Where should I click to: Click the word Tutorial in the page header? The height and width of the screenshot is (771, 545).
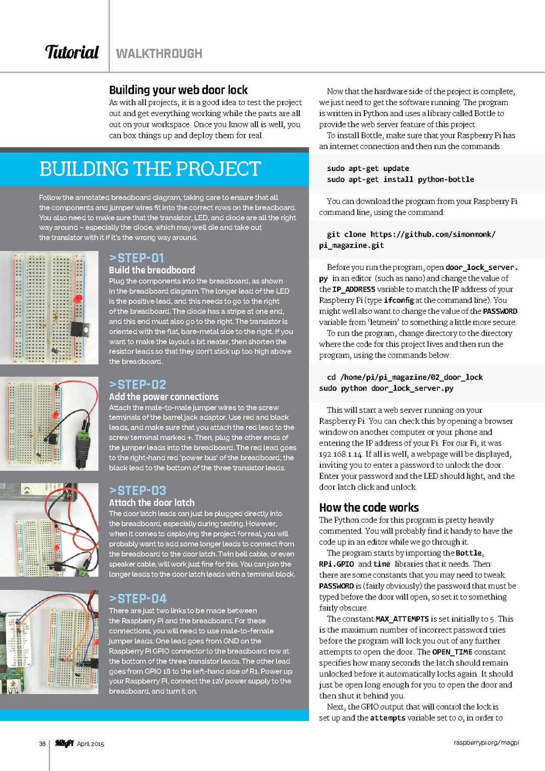[72, 52]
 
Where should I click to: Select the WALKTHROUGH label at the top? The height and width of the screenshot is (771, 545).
[159, 53]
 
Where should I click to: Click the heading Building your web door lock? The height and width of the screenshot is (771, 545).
[178, 90]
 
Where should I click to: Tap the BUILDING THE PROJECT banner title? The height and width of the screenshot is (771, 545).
[150, 169]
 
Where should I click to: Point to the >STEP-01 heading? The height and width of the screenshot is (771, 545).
[136, 258]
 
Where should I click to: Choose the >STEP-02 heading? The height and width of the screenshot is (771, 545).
[137, 384]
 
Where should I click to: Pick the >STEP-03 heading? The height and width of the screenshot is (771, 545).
[137, 490]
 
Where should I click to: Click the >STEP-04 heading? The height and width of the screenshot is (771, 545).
[138, 598]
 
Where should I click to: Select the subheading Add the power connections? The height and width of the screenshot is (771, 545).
[163, 397]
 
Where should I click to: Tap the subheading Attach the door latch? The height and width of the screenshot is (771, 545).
[151, 503]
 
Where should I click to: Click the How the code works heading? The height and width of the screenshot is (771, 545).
[369, 508]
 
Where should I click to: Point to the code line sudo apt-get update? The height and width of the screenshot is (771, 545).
[368, 169]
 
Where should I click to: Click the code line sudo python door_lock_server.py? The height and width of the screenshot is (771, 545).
[386, 388]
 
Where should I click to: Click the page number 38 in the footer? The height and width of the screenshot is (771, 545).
[42, 744]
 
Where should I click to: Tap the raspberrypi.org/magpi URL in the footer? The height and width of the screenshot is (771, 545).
[486, 743]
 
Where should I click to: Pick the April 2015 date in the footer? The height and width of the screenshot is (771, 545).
[90, 744]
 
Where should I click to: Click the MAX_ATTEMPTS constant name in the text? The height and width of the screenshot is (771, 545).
[402, 619]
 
